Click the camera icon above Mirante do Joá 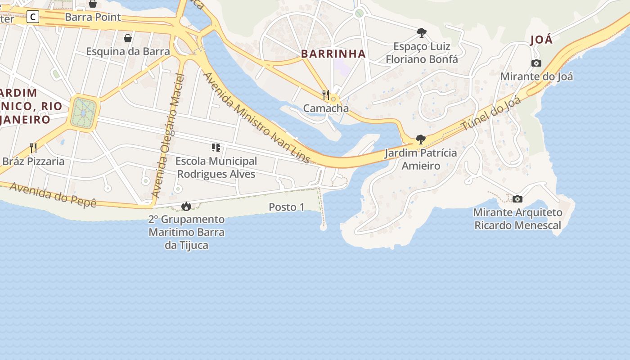click(536, 63)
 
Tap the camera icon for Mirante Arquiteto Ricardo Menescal click(517, 199)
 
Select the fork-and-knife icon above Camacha click(326, 95)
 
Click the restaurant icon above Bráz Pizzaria click(33, 148)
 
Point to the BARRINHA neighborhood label click(333, 54)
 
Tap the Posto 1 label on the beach click(286, 207)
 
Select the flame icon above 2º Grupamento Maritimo click(186, 207)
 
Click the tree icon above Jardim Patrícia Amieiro click(420, 139)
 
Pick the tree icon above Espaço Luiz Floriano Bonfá click(422, 33)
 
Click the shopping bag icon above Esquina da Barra click(128, 38)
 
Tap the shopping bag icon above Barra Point click(93, 4)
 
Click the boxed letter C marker click(33, 17)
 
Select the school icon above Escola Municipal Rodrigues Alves click(216, 148)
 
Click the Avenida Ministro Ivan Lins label click(256, 118)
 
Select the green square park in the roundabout click(83, 112)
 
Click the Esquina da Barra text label click(128, 51)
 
